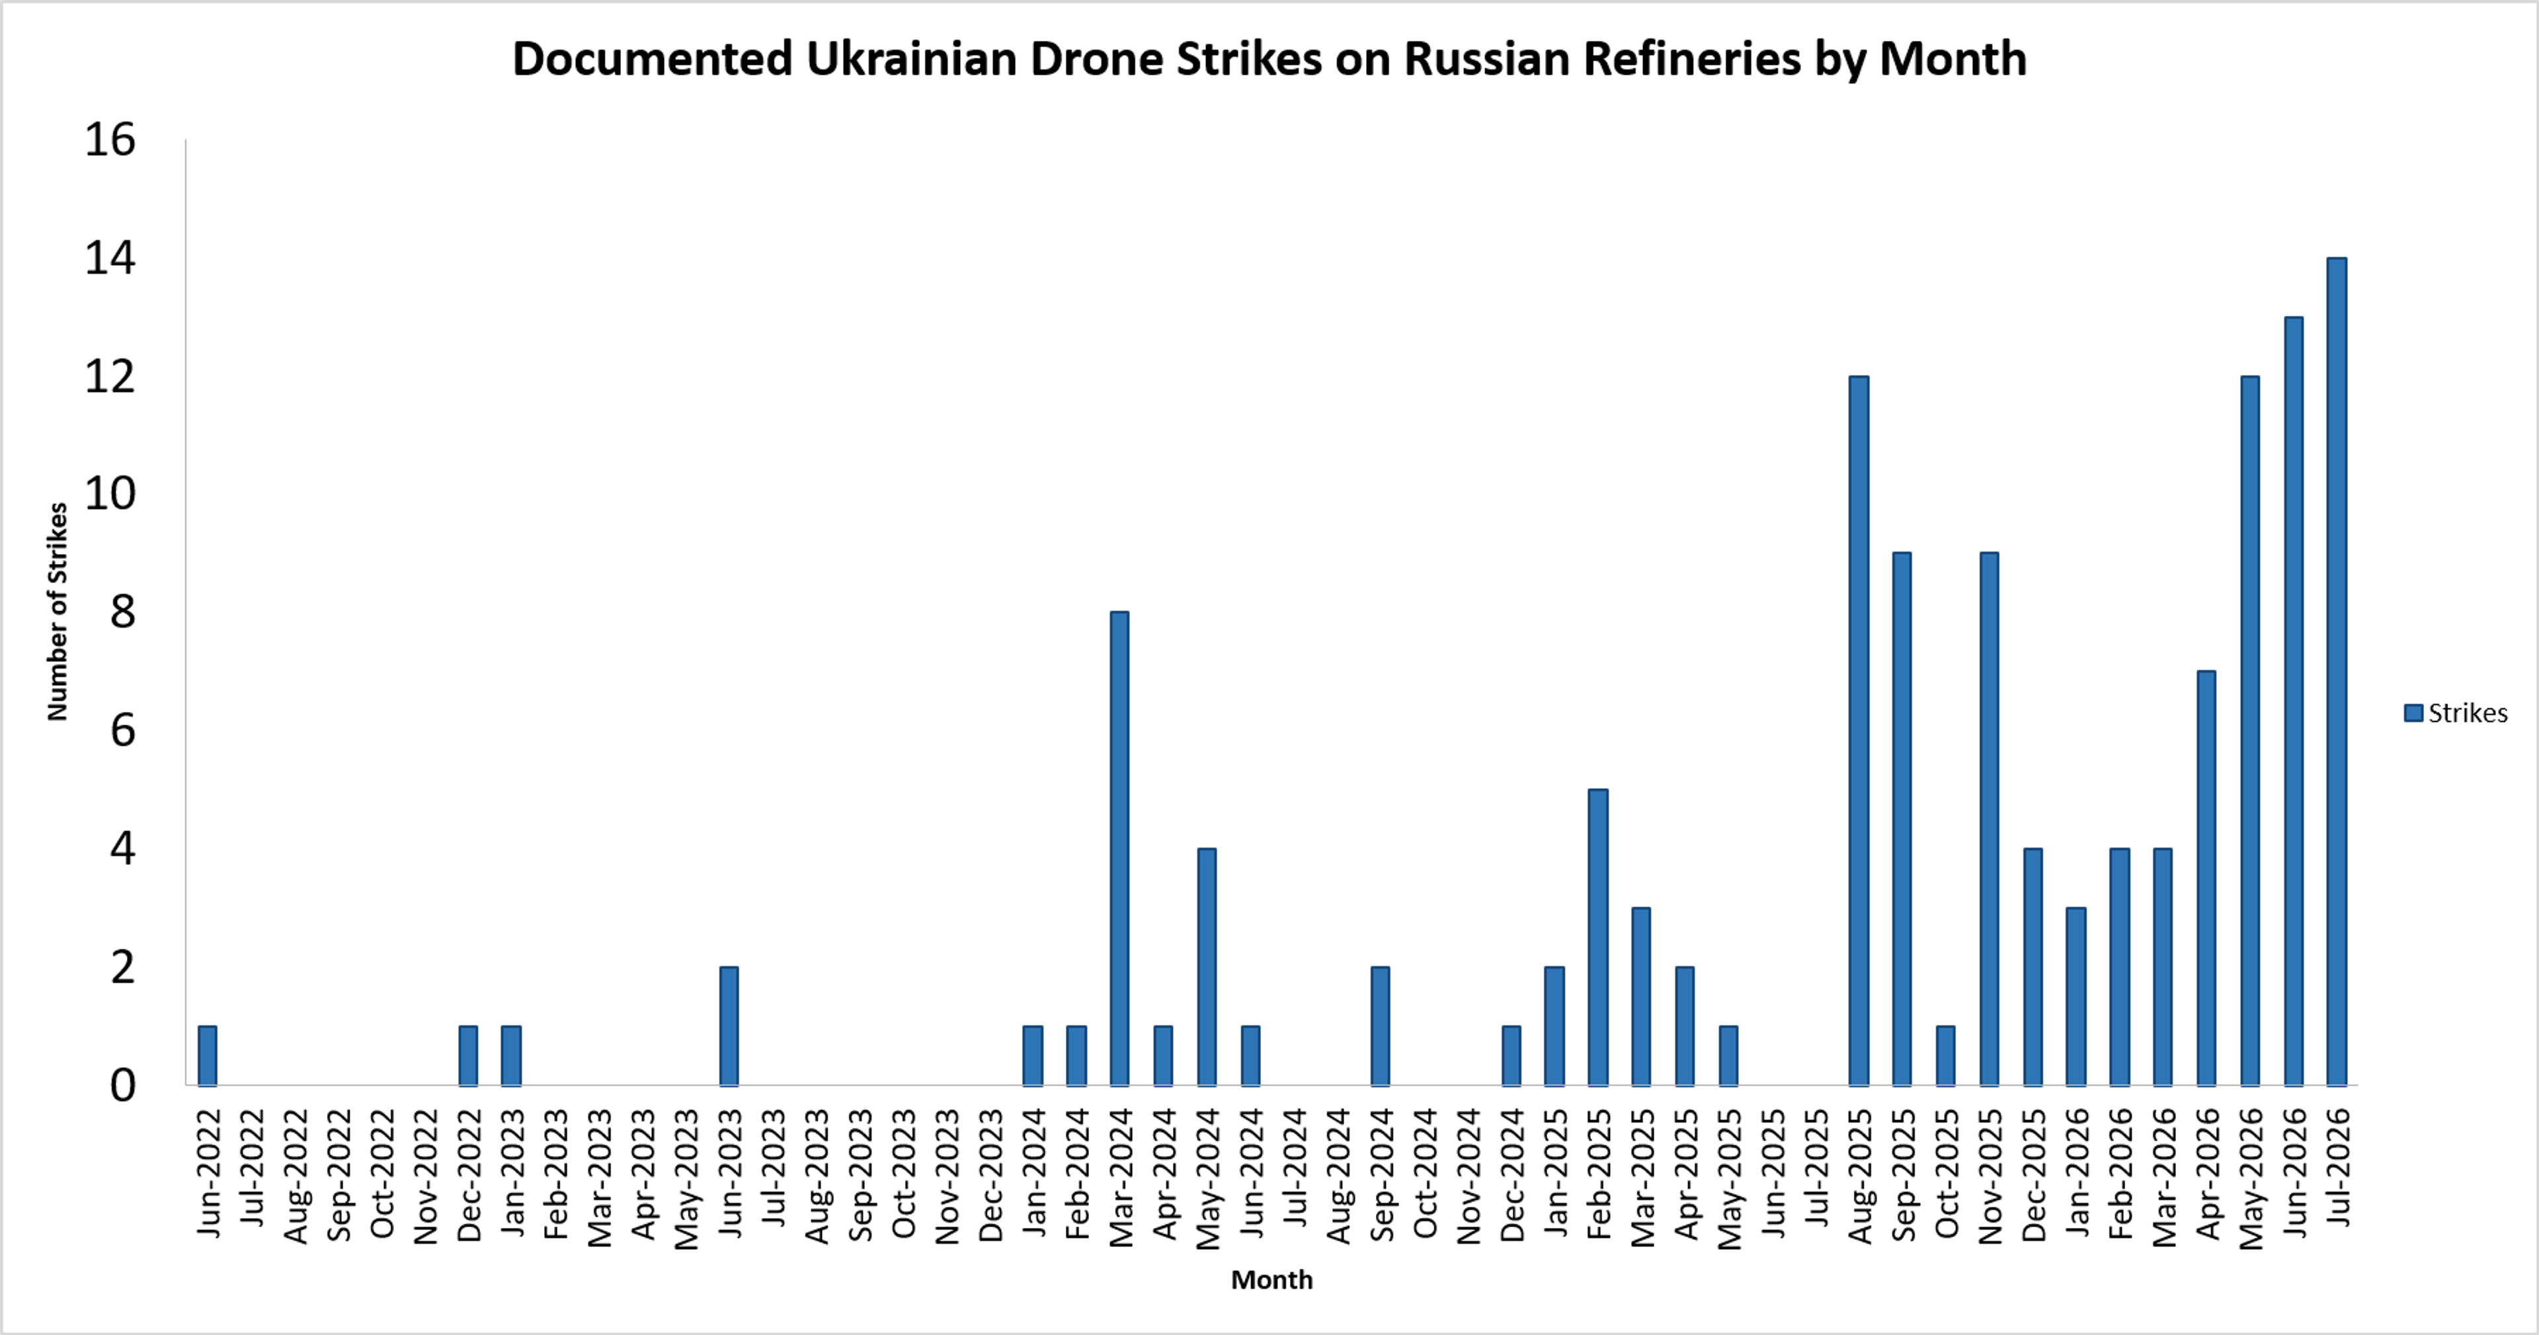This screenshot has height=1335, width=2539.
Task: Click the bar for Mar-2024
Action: point(1119,849)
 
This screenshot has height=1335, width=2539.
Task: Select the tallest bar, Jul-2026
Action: point(2337,671)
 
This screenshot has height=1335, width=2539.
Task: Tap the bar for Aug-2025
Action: point(1859,731)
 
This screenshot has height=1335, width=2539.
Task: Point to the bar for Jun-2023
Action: point(729,1026)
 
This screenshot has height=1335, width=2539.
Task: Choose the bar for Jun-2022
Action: point(207,1056)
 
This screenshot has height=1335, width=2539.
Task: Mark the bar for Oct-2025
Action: point(1946,1056)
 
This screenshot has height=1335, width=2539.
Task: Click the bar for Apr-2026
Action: point(2207,879)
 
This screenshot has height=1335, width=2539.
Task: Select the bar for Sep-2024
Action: point(1381,1026)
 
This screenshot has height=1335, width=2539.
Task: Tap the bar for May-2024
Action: point(1207,967)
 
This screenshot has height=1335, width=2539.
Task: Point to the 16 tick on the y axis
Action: point(109,140)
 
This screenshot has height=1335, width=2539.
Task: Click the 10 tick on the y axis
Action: point(109,494)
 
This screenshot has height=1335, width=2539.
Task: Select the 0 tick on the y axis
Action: point(122,1086)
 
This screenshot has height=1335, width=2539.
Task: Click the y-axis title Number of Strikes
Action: point(57,612)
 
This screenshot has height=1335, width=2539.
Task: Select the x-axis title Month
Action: point(1271,1279)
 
